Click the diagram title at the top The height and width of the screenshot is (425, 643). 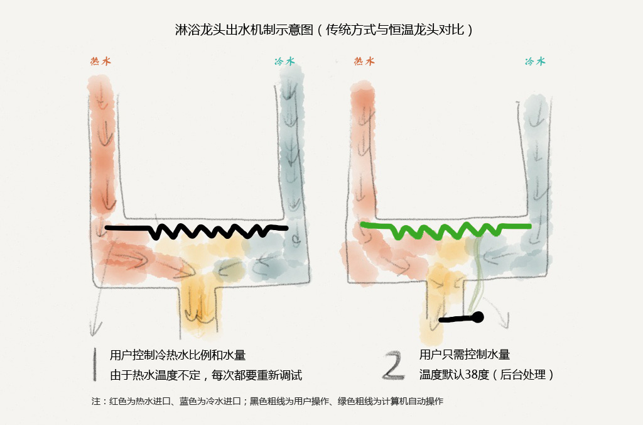[324, 30]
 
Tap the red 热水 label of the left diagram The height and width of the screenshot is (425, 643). [101, 61]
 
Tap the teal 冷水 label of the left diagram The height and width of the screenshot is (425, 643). [284, 61]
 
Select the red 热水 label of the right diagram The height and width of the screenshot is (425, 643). [364, 61]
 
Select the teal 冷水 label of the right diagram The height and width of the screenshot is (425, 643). [535, 61]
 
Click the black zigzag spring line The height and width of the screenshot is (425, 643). [197, 230]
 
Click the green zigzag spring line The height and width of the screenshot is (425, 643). [446, 230]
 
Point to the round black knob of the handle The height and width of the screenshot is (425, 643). [478, 317]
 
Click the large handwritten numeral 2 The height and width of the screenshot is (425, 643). [393, 365]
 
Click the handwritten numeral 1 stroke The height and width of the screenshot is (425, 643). [95, 365]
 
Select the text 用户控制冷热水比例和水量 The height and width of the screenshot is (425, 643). [178, 355]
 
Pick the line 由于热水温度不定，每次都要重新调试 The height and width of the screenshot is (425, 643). [206, 375]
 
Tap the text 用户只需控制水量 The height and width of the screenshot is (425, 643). [465, 354]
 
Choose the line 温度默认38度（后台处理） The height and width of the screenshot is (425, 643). [487, 374]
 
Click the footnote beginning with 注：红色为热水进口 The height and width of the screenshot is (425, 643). [267, 401]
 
